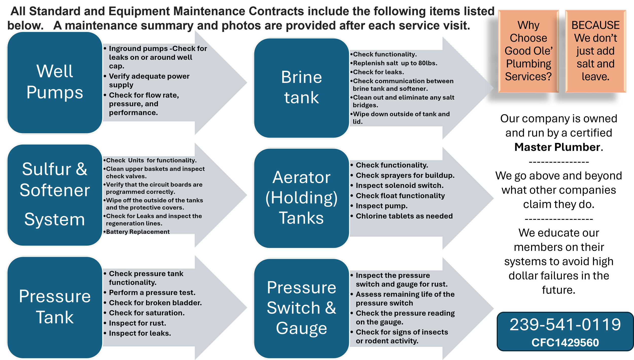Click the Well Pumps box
click(x=55, y=82)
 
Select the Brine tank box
click(x=301, y=88)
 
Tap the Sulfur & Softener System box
click(x=55, y=195)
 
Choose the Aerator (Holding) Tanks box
click(x=301, y=198)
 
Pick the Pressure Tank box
click(x=55, y=307)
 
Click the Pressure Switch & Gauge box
click(x=301, y=308)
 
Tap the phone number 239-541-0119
click(x=565, y=325)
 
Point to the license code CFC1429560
click(x=565, y=343)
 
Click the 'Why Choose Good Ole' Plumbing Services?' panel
click(x=529, y=51)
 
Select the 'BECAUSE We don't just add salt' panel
click(x=595, y=51)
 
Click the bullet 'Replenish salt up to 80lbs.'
click(x=395, y=63)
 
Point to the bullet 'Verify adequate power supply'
click(x=149, y=80)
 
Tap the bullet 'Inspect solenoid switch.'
click(x=399, y=186)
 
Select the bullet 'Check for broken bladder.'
click(x=155, y=303)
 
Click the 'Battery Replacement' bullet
click(x=138, y=231)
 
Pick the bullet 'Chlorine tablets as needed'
click(x=404, y=216)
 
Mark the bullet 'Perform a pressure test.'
click(x=152, y=293)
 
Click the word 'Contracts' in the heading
click(x=276, y=11)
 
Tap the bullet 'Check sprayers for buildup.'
click(x=405, y=175)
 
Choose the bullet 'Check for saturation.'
click(x=147, y=313)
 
